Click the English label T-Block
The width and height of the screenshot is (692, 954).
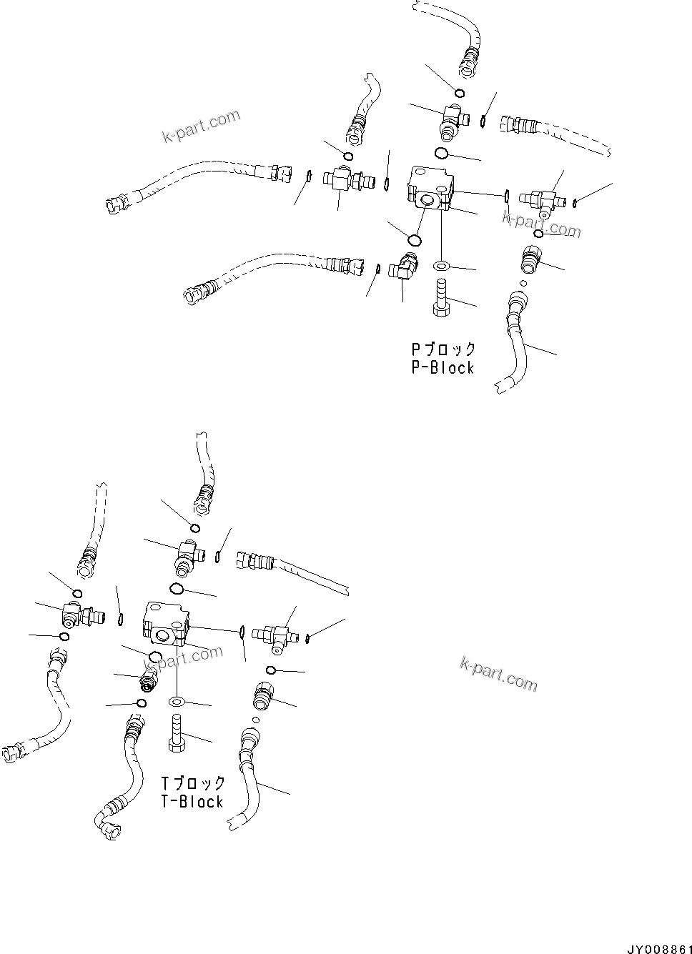point(192,802)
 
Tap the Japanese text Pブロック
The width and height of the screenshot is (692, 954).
point(443,349)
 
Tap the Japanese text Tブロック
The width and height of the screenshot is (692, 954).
point(193,784)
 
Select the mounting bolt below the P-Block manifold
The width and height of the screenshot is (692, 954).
point(440,298)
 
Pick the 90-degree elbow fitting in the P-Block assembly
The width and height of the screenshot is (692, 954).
point(402,269)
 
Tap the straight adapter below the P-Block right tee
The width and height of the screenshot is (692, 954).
point(530,258)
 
